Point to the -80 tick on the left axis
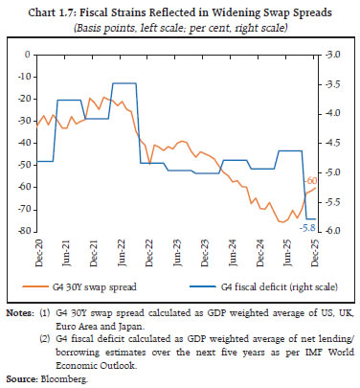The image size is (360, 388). point(20,231)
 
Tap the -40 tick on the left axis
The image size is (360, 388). point(20,143)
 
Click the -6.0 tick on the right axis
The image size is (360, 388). point(331,231)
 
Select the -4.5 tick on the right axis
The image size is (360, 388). point(331,143)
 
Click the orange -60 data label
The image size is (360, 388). point(311,180)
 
